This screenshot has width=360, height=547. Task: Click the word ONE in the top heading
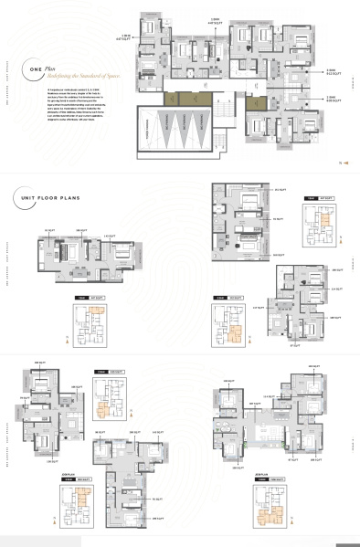click(x=35, y=68)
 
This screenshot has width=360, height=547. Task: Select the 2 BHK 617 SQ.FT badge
click(x=228, y=297)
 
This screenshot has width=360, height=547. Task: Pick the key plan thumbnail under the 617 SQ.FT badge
click(x=227, y=322)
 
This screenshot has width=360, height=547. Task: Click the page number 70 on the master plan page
click(x=339, y=163)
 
